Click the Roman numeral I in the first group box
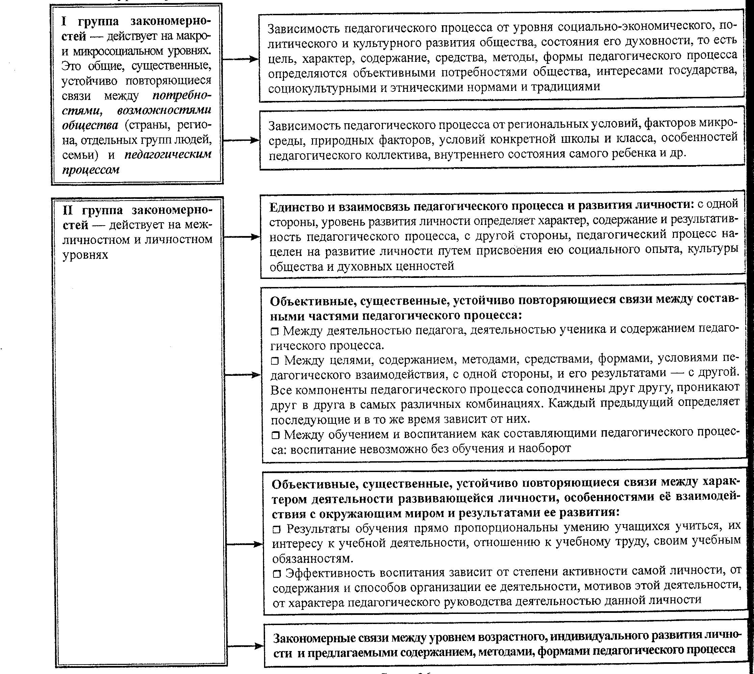point(64,22)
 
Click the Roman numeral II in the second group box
point(68,210)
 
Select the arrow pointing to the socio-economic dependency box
point(241,59)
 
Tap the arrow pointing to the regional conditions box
point(241,140)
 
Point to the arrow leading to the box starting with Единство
point(242,237)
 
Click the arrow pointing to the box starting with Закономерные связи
point(245,646)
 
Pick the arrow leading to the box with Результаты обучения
point(244,544)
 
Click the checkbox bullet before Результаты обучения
point(277,530)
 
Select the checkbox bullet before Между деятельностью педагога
point(275,332)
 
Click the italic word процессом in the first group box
point(91,170)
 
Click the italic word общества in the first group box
point(90,126)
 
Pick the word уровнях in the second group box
point(85,255)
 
